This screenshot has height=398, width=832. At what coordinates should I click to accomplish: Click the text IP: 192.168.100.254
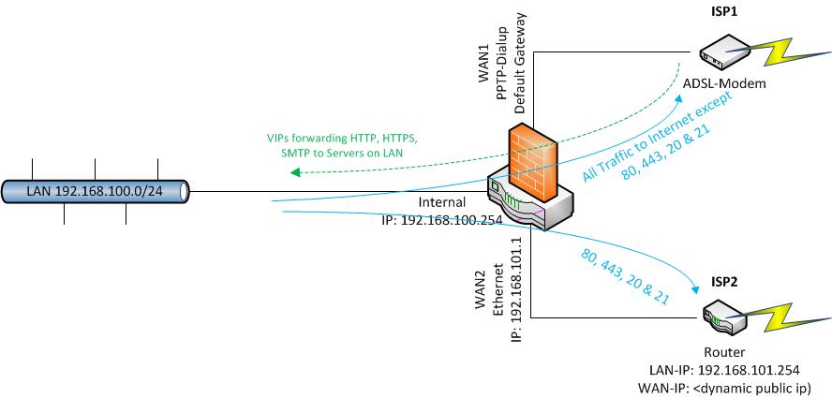tap(444, 221)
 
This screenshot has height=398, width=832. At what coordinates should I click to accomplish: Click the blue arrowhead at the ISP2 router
tap(696, 287)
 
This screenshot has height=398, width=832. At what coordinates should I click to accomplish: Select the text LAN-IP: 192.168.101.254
tap(727, 369)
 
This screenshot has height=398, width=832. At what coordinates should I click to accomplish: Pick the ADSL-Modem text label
tap(724, 84)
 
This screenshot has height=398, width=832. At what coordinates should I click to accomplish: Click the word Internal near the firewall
tap(443, 203)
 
